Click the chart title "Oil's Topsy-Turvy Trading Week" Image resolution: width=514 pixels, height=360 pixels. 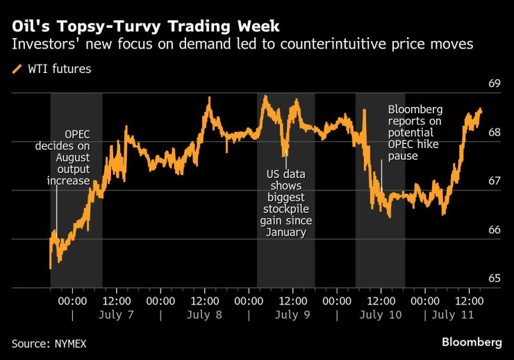(x=146, y=27)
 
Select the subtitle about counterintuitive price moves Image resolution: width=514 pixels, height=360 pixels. (x=242, y=46)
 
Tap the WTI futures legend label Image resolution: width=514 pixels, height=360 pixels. (x=59, y=69)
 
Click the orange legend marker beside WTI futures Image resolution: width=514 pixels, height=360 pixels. (x=17, y=69)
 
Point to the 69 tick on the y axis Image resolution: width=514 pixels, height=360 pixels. (x=495, y=84)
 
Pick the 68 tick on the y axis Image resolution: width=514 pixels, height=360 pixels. (x=495, y=133)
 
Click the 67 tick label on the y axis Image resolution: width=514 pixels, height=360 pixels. (x=495, y=181)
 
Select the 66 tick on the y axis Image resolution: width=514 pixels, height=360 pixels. (x=495, y=230)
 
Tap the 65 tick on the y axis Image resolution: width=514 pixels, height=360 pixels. (x=495, y=279)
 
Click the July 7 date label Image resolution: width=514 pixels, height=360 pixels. (x=117, y=315)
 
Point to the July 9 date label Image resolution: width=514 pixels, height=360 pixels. (x=292, y=315)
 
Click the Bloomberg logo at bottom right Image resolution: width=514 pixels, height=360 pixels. (x=472, y=343)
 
